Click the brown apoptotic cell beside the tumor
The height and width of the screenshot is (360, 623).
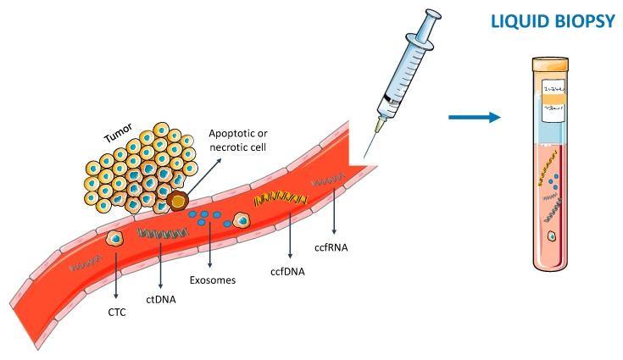pos(177,201)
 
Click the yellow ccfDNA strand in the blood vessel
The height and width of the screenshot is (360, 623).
pos(279,200)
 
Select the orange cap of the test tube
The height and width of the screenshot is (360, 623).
pos(556,64)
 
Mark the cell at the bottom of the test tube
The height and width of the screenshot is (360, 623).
pos(553,238)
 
